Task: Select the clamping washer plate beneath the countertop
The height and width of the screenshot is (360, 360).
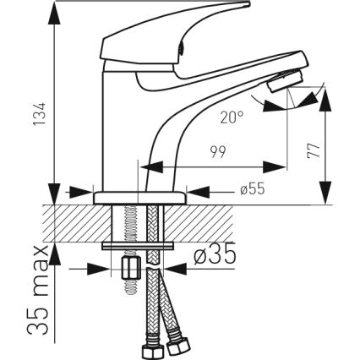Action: coord(140,246)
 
